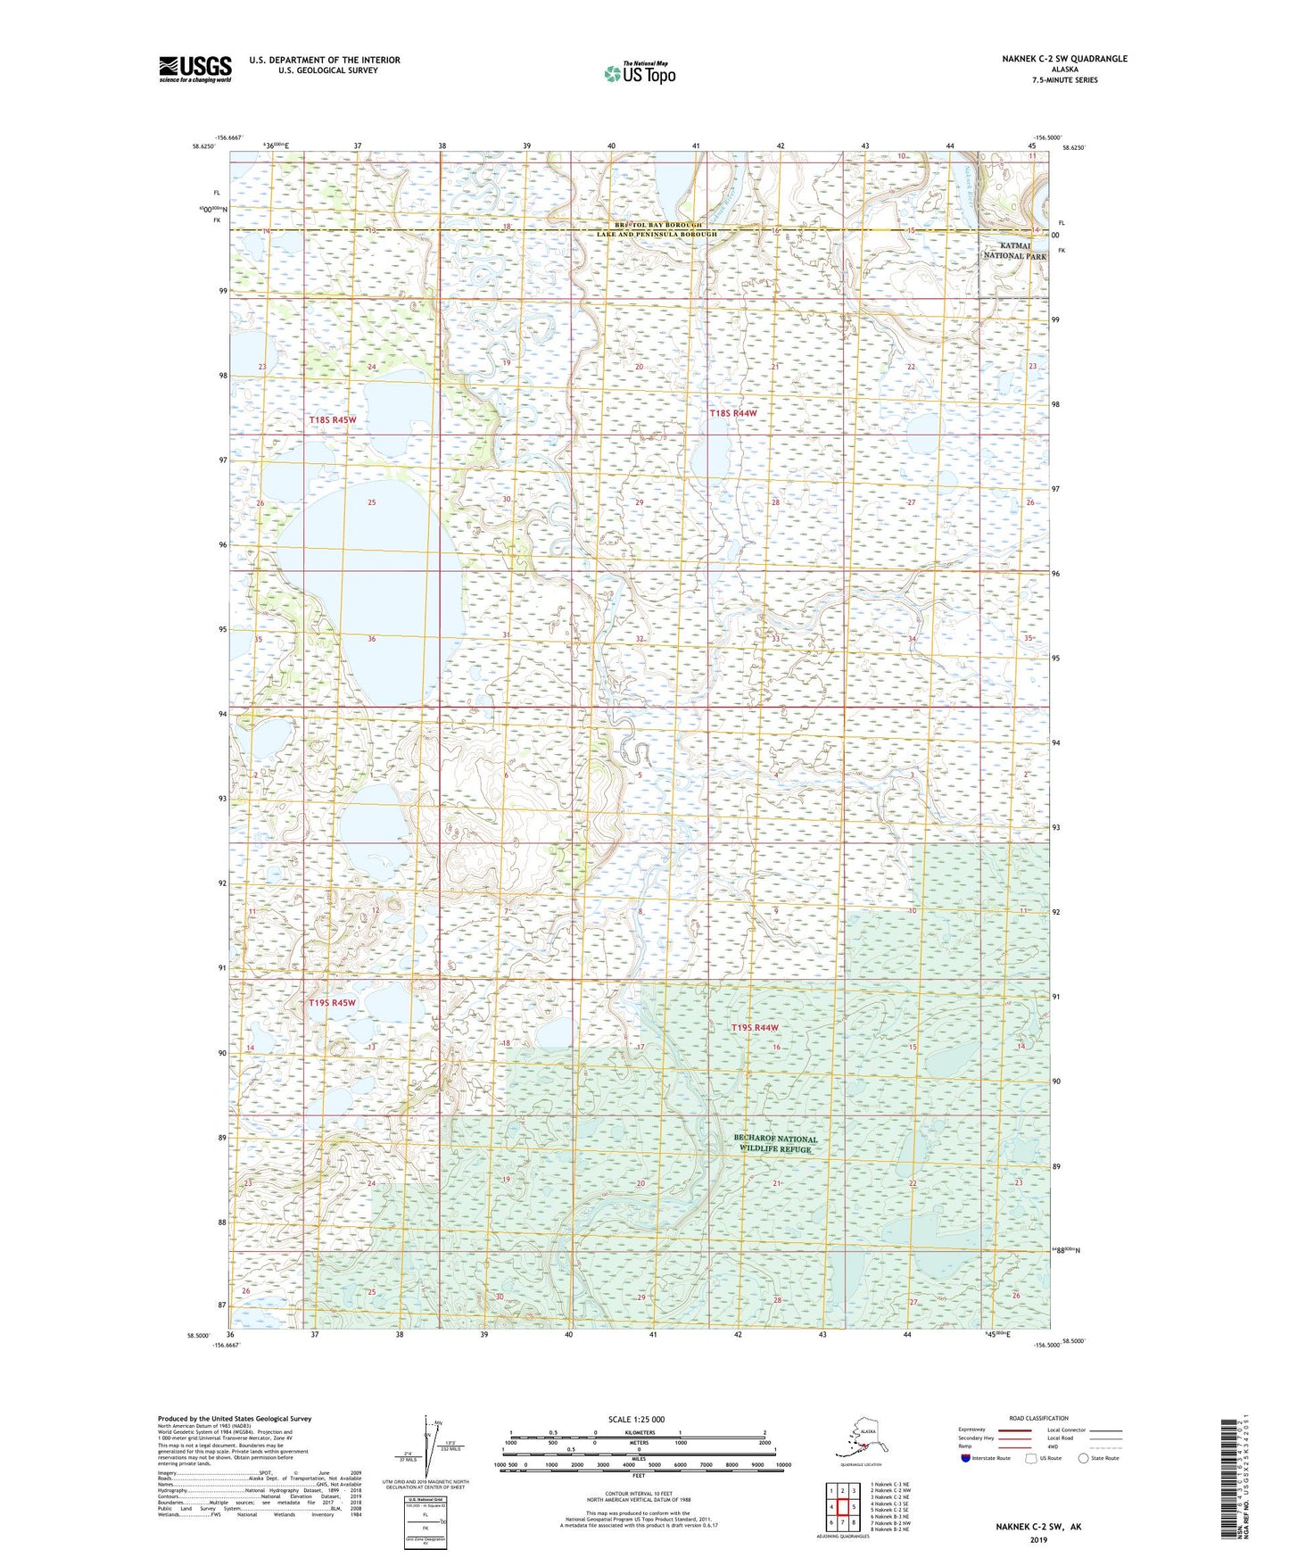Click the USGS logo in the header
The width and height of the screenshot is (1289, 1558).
(194, 69)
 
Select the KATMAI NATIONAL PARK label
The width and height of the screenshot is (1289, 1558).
(1014, 251)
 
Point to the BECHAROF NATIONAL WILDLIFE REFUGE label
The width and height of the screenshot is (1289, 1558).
(774, 1144)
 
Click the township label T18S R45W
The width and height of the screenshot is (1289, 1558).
(333, 420)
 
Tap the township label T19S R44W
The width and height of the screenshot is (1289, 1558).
(756, 1028)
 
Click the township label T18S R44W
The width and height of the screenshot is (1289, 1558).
(732, 413)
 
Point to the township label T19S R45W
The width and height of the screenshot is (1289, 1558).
(332, 1003)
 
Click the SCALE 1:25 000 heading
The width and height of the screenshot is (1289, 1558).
(635, 1419)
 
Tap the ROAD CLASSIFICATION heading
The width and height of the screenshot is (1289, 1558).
(1038, 1418)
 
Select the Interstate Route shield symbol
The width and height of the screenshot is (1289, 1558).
(965, 1458)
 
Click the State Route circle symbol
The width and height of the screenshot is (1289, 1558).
(1084, 1458)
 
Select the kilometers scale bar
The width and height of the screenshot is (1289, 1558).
(636, 1438)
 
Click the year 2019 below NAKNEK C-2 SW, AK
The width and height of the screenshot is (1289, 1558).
(1038, 1539)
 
